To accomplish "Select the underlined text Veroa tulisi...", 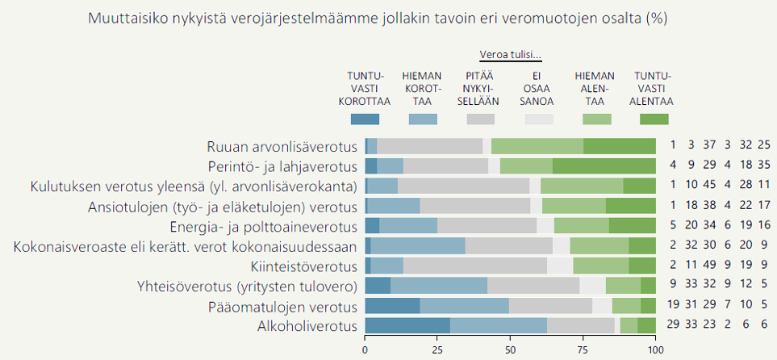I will pyautogui.click(x=510, y=55).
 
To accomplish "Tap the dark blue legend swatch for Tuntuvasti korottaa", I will pyautogui.click(x=365, y=119).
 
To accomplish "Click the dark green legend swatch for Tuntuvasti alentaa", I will pyautogui.click(x=654, y=119).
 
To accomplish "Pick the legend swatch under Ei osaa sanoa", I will pyautogui.click(x=538, y=119).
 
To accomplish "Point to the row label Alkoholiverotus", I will pyautogui.click(x=307, y=326).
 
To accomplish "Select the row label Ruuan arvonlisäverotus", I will pyautogui.click(x=282, y=146).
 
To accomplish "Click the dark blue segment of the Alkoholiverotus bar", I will pyautogui.click(x=407, y=326).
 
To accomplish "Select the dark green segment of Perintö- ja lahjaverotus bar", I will pyautogui.click(x=604, y=166).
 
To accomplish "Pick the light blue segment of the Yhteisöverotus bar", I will pyautogui.click(x=438, y=286).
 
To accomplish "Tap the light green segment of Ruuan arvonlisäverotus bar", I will pyautogui.click(x=537, y=146).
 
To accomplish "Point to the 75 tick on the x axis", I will pyautogui.click(x=583, y=350).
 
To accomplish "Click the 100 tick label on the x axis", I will pyautogui.click(x=655, y=350).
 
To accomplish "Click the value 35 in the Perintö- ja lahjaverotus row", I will pyautogui.click(x=764, y=166).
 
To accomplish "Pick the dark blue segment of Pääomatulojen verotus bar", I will pyautogui.click(x=392, y=307).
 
